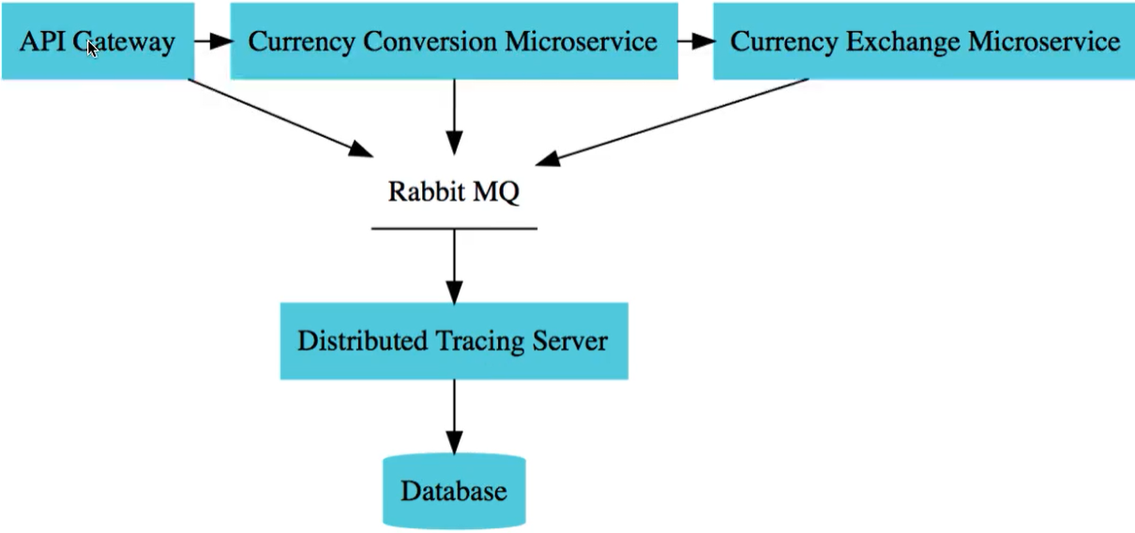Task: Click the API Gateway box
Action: point(98,40)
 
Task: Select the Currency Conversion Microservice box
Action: point(454,40)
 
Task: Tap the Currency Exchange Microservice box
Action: point(924,40)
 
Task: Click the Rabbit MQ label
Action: point(454,191)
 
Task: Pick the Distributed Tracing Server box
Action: point(454,341)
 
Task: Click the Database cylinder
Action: point(454,491)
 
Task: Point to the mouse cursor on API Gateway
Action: point(93,48)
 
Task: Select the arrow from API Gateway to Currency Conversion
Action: point(213,41)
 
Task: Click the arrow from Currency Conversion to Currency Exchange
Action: point(695,41)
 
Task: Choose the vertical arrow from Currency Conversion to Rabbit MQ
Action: point(454,116)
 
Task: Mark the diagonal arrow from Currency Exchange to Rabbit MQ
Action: point(675,121)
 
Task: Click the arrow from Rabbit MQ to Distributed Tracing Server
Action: point(454,266)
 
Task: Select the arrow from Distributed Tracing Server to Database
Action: point(454,417)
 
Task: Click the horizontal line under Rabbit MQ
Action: point(454,228)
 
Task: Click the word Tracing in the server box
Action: point(468,341)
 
